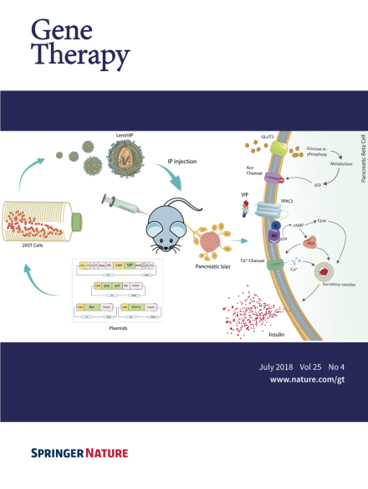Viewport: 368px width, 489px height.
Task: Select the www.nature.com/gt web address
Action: click(309, 379)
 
